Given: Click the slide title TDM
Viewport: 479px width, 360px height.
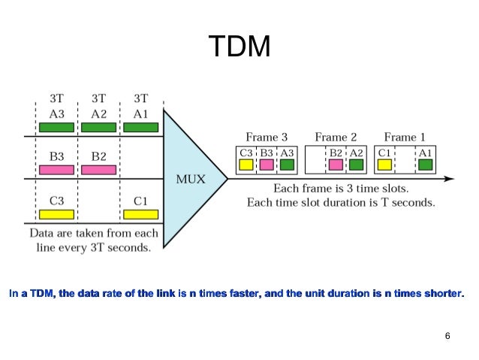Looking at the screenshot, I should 239,47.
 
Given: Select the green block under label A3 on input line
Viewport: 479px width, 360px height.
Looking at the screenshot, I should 56,128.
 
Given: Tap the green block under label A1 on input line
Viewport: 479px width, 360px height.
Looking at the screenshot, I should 140,128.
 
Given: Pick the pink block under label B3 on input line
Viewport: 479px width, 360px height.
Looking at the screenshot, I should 56,171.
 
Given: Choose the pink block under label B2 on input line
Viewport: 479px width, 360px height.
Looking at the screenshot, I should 98,171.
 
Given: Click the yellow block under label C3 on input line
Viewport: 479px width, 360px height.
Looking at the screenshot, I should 56,214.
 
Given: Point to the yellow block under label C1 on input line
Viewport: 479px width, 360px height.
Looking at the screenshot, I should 140,214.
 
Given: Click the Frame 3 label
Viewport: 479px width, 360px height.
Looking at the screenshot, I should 267,137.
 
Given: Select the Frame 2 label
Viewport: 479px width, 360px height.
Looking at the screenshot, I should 336,137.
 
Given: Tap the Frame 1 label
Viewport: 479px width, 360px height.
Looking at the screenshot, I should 405,137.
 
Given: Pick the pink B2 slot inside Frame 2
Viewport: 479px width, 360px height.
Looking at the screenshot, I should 336,165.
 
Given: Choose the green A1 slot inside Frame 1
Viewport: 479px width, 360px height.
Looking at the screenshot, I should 426,165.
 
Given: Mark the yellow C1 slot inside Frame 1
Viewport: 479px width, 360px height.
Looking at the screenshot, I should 384,165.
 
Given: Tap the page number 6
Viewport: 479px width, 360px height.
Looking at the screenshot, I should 447,335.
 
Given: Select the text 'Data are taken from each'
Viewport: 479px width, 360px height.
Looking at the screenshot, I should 94,233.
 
